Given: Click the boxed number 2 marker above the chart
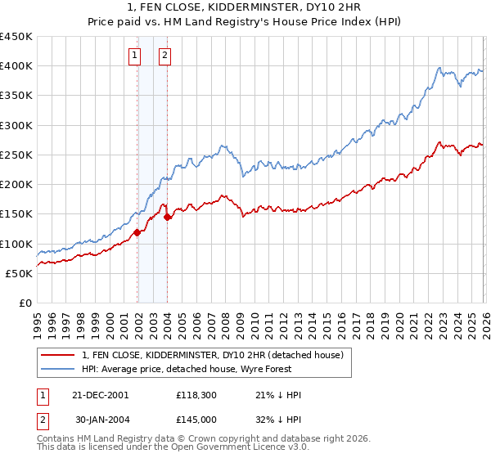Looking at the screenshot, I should [x=164, y=56].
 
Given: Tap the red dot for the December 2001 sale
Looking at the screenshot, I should [x=137, y=233].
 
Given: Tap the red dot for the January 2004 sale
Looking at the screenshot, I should [x=167, y=218].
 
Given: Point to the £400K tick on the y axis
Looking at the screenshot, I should [x=16, y=66].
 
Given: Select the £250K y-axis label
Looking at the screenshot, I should [x=16, y=155].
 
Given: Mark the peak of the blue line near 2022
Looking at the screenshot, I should [x=439, y=68].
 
